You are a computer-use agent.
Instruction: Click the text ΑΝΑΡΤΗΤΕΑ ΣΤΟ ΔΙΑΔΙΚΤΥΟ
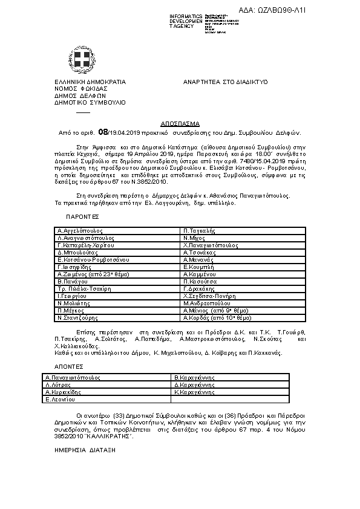226,82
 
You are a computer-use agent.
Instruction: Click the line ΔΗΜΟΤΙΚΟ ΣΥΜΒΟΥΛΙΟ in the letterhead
90,102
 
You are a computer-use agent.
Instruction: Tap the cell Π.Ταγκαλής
200,231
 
